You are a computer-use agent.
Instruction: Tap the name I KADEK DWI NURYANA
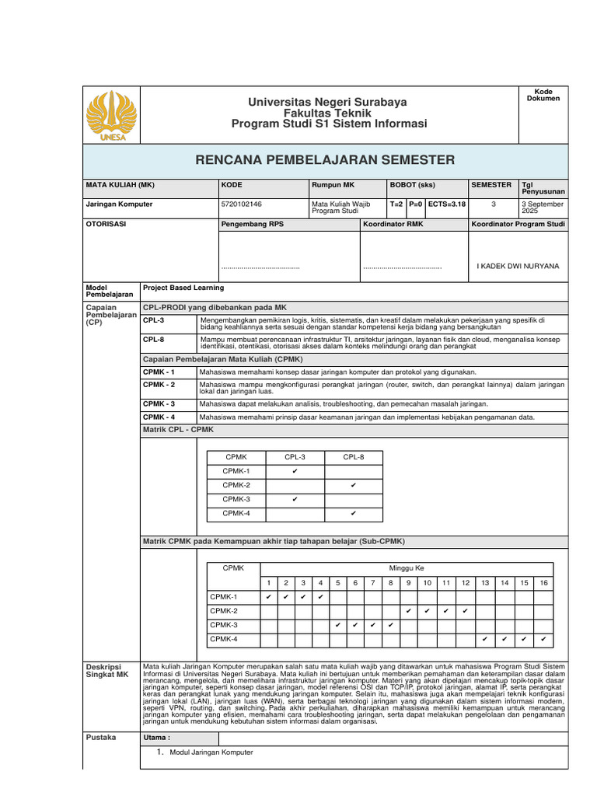(x=518, y=266)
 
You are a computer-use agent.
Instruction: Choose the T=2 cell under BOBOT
(x=396, y=204)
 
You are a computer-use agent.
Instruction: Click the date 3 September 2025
(x=543, y=208)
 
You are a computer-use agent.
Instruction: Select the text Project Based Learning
(x=183, y=288)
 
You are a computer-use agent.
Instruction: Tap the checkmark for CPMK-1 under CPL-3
(x=295, y=471)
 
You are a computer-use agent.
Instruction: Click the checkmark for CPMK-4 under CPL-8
(x=353, y=513)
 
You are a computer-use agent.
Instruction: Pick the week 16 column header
(x=543, y=582)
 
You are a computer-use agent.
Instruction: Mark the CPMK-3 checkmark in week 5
(x=337, y=625)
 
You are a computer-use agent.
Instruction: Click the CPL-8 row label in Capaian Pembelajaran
(x=153, y=340)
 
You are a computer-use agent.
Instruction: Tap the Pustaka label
(x=100, y=737)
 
